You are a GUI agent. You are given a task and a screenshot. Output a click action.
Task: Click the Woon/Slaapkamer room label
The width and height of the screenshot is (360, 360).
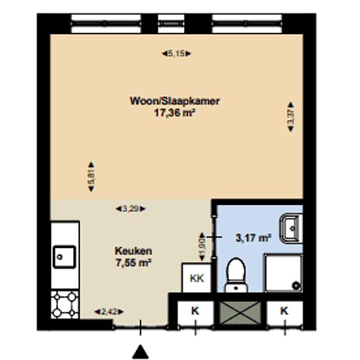pos(175,101)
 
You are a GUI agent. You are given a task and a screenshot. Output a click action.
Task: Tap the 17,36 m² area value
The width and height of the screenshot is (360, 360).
pos(175,113)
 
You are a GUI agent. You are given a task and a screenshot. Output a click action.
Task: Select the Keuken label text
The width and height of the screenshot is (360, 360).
pos(133,251)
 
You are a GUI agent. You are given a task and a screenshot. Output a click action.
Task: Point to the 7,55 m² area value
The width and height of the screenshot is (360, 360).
pos(133,262)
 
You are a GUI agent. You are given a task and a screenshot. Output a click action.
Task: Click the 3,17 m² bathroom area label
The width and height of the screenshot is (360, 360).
pos(253,238)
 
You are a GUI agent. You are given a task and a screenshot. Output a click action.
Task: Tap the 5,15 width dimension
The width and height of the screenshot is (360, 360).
pos(176,54)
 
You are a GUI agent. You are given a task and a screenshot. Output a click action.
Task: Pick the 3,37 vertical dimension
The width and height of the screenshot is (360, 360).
pos(291,117)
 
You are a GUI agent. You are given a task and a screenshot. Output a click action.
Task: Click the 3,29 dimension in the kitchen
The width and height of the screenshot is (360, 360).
pos(130,209)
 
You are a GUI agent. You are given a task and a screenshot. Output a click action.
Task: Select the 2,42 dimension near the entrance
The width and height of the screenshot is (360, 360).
pos(109,312)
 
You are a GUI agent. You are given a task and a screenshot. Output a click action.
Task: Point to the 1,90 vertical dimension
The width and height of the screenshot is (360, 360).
pos(202,247)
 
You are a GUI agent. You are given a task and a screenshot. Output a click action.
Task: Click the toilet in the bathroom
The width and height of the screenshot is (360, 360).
pos(236,275)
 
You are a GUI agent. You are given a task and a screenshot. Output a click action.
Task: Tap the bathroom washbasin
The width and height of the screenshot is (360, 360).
pos(291,228)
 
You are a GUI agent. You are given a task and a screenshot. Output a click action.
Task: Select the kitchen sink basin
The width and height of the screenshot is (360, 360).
pos(64,257)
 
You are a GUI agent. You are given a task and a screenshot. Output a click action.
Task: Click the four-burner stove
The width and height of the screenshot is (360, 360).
pos(65,304)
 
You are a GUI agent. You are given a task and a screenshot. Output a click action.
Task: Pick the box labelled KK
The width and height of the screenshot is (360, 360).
pos(196,278)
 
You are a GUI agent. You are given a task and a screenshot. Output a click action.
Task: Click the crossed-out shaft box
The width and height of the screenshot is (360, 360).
pos(240,313)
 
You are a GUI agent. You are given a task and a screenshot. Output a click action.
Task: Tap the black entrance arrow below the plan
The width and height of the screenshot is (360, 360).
pos(140,351)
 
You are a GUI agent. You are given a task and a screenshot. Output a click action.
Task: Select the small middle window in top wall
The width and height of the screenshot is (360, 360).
pos(171,24)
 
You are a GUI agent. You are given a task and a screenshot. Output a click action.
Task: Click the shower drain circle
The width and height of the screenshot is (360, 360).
pos(296,286)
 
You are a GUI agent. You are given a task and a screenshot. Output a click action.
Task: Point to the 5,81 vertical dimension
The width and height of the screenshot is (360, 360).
pos(91,177)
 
